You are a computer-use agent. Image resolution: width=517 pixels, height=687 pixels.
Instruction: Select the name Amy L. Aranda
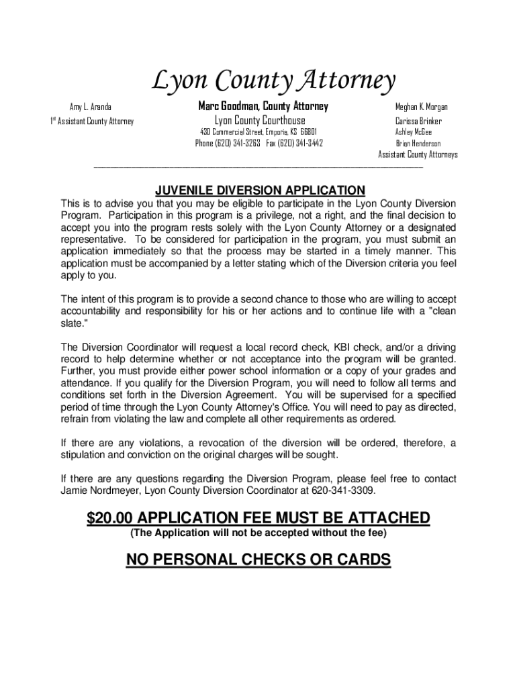tap(91, 107)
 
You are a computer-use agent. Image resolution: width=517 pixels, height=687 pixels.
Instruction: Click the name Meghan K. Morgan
tap(422, 107)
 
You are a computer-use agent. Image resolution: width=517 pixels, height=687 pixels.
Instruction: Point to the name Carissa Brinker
tap(418, 121)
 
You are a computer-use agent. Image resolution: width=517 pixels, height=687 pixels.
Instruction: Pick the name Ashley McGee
tap(414, 132)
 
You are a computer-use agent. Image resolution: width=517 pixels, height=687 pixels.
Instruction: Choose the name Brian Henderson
tap(418, 144)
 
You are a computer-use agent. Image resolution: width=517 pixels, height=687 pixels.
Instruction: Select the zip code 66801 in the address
tap(309, 131)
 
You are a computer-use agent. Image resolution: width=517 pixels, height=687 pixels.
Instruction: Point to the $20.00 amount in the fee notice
tap(111, 518)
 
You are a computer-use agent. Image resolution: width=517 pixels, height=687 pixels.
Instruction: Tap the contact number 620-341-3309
tap(342, 490)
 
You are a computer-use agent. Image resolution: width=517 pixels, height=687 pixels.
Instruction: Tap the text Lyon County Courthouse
tap(259, 121)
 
